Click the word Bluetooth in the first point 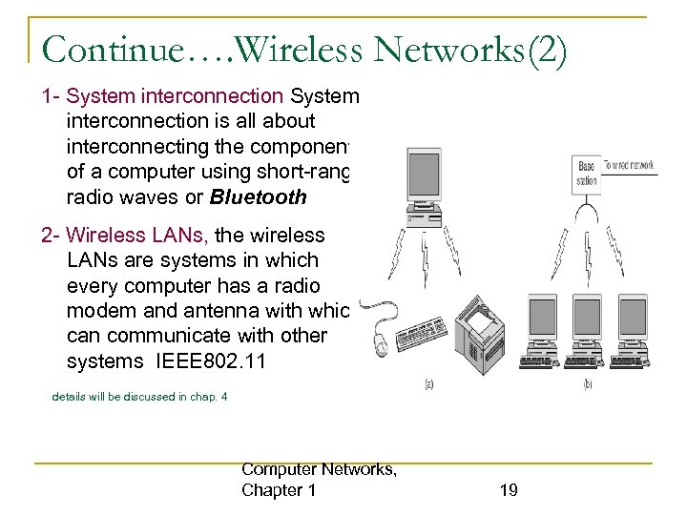(259, 197)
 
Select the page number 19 (509, 490)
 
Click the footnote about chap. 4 (139, 396)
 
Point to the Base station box (587, 173)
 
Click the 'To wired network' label (631, 165)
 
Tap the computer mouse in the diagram (381, 338)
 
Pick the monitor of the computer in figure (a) (423, 181)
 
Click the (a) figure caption (428, 384)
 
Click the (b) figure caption (587, 384)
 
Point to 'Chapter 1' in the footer (279, 490)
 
